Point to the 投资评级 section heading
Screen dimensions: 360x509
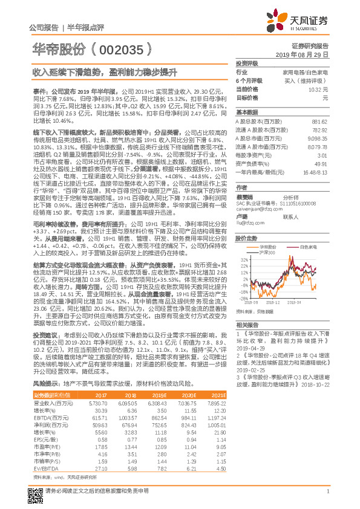click(247, 63)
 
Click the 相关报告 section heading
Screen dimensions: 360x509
click(246, 325)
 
